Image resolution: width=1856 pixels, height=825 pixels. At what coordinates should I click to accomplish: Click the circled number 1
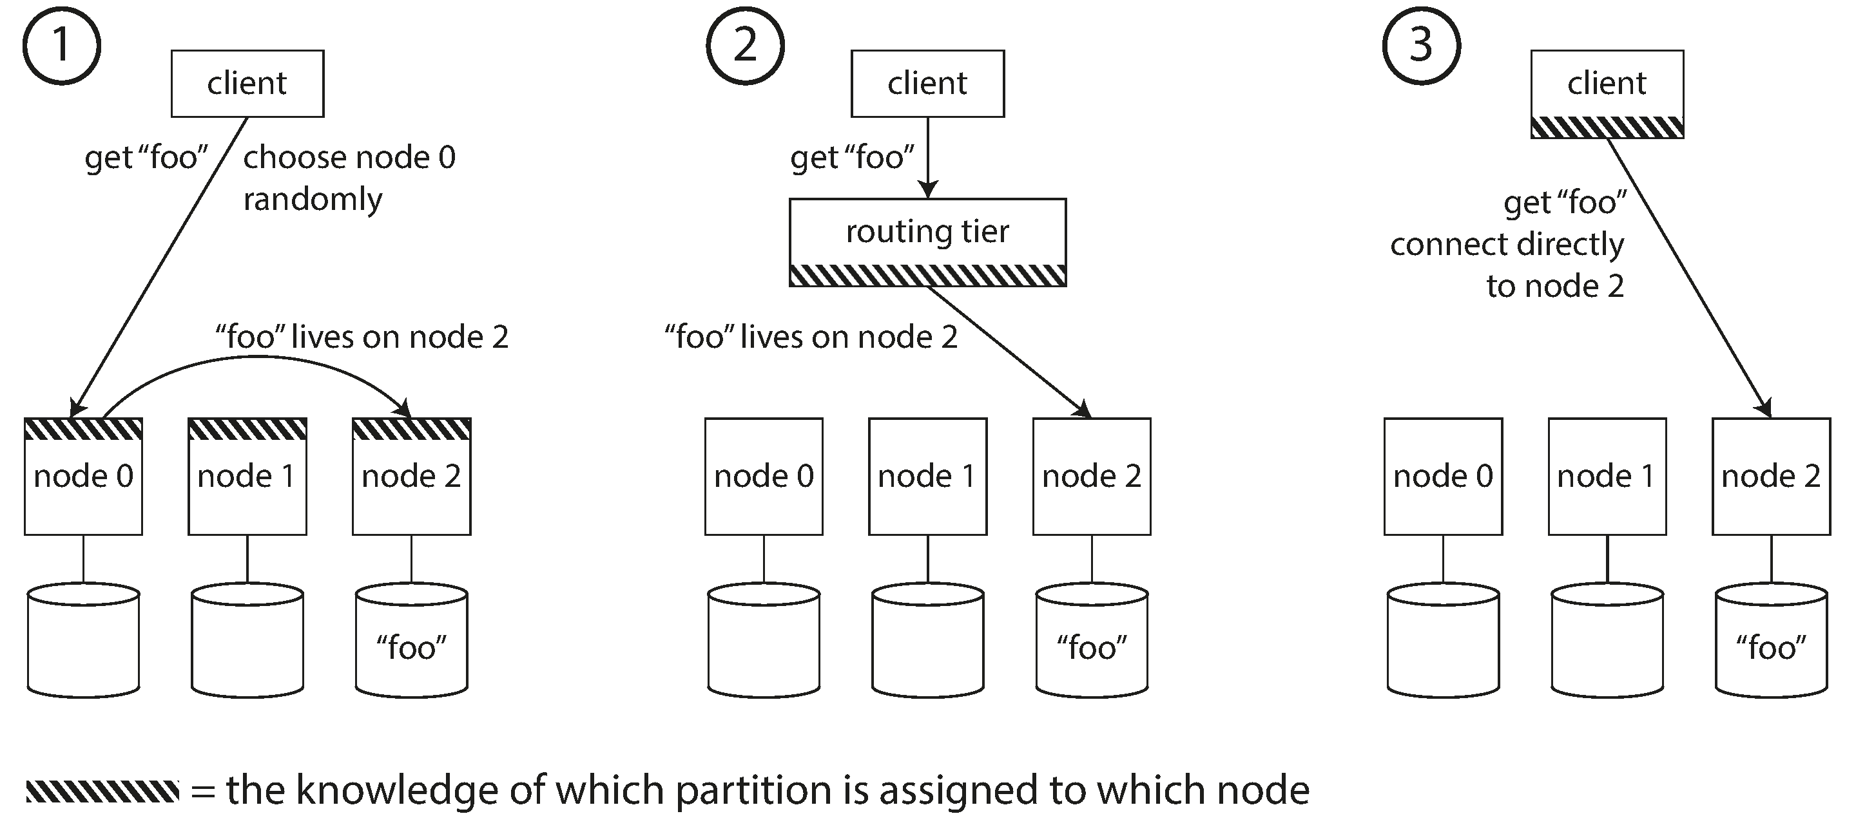pos(61,45)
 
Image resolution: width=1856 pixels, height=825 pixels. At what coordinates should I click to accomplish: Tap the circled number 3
pos(1421,45)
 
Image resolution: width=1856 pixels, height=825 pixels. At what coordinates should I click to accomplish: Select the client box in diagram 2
pos(927,84)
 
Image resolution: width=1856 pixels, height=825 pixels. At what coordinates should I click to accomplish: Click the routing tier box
pos(927,232)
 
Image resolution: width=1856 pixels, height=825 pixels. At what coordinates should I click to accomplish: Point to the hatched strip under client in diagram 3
pos(1607,128)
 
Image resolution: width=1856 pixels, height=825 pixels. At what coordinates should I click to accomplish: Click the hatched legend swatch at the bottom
pos(102,791)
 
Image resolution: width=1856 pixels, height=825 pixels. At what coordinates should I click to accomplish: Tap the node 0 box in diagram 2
pos(764,477)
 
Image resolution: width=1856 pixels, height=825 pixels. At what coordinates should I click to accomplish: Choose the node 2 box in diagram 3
pos(1771,477)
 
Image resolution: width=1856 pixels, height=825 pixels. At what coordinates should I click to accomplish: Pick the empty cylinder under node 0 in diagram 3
pos(1443,641)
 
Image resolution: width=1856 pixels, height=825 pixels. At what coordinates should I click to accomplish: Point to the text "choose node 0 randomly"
pos(349,177)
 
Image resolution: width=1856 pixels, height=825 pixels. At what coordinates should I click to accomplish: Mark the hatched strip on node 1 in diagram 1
pos(247,430)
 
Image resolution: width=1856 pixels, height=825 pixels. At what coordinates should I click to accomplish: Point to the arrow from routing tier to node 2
pos(1009,351)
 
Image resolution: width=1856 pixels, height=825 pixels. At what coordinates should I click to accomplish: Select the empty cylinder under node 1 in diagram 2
pos(927,641)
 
